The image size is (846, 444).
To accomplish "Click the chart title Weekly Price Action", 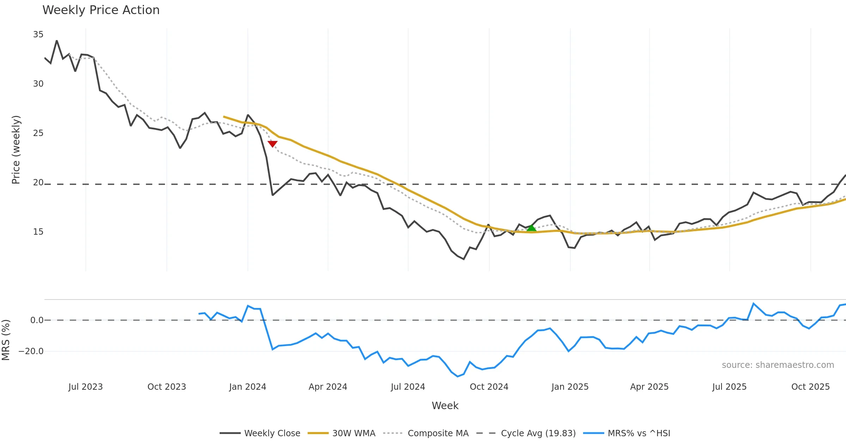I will click(101, 10).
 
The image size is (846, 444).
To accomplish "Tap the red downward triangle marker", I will click(272, 144).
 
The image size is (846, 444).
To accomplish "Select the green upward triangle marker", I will click(531, 228).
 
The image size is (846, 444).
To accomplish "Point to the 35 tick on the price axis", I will click(38, 35).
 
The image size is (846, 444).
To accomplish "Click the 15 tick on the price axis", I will click(38, 232).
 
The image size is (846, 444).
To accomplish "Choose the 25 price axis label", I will click(38, 133).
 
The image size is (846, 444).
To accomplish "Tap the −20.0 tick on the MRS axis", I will click(31, 351).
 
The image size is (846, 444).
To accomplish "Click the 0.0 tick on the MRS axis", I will click(37, 320).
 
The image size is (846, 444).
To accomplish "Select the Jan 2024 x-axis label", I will click(247, 387).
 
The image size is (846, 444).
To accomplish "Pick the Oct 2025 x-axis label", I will click(810, 387).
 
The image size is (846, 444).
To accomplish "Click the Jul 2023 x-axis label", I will click(86, 387).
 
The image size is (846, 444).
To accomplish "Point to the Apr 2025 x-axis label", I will click(649, 387).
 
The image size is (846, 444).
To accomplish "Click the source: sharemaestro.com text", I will click(778, 365).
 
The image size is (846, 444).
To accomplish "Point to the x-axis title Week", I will click(445, 406).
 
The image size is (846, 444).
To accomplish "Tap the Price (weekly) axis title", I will click(16, 150).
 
